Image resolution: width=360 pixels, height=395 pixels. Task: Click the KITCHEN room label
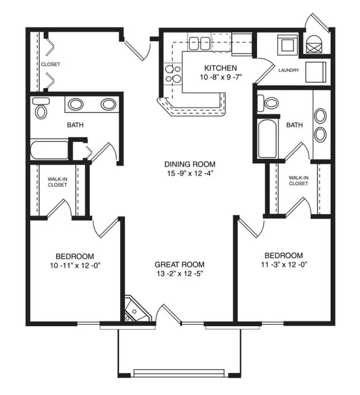pos(220,68)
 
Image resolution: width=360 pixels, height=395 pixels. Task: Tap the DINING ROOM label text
pos(190,164)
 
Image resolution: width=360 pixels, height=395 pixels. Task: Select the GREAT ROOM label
pos(179,264)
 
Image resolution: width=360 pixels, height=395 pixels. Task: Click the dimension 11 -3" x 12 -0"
pos(284,264)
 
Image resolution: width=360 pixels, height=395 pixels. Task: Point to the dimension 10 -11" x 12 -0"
pos(75,265)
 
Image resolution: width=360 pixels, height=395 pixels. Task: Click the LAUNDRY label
pos(288,70)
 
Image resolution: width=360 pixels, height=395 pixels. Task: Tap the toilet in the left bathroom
pos(41,108)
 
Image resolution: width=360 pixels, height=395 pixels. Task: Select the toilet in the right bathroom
pos(268,103)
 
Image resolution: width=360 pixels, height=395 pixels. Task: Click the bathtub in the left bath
pos(49,150)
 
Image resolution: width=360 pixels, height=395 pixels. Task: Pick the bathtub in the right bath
pos(268,139)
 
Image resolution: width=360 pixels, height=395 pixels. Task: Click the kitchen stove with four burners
pos(173,74)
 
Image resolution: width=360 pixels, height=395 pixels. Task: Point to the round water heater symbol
pos(314,44)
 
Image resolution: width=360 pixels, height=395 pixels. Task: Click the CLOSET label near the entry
pos(50,64)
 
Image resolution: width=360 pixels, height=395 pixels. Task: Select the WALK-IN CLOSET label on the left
pos(57,182)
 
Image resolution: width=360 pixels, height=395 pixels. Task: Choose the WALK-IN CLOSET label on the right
pos(299,181)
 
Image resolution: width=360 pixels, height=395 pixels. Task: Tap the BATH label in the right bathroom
pos(295,125)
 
